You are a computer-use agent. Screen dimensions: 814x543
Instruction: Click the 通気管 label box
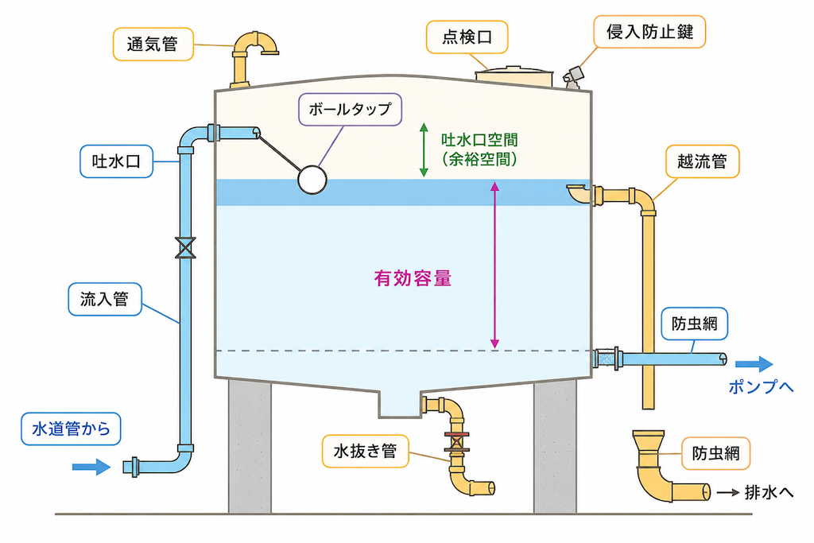(153, 45)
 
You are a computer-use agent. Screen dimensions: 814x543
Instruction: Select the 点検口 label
(467, 37)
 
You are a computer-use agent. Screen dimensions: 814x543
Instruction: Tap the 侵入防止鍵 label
(649, 32)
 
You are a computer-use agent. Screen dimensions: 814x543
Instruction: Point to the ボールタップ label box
(350, 109)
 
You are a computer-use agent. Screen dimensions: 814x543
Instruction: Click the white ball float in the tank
(312, 180)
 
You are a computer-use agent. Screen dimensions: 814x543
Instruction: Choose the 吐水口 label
(116, 161)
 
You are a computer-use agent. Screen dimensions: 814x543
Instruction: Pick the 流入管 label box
(105, 299)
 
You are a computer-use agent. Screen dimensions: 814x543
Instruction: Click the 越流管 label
(703, 161)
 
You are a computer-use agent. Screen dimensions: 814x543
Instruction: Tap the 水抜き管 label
(366, 451)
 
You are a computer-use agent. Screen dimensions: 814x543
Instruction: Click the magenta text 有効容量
(413, 279)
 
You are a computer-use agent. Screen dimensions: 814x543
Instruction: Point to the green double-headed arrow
(424, 150)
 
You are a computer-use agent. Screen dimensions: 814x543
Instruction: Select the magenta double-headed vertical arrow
(494, 265)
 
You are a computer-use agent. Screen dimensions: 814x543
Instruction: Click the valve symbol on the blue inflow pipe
(185, 247)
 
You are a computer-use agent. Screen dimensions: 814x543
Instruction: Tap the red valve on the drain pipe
(457, 442)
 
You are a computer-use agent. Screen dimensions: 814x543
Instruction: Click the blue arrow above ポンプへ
(754, 364)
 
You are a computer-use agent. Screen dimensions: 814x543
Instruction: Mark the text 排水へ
(769, 492)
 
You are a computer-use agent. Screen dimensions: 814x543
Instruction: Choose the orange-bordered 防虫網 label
(715, 453)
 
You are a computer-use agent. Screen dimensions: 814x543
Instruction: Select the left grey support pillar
(250, 447)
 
